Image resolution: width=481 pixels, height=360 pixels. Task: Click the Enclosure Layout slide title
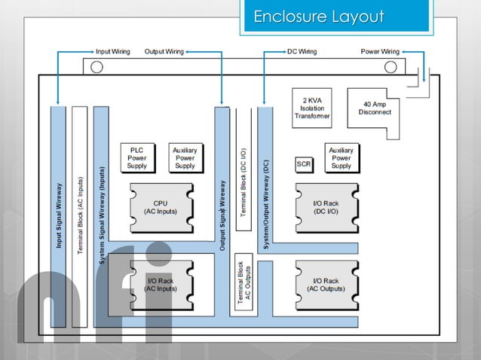(318, 17)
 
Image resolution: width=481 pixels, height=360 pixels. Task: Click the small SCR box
(304, 163)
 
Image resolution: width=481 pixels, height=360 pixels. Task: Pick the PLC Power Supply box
(137, 157)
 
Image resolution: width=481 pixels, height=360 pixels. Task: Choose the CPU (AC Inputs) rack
(161, 207)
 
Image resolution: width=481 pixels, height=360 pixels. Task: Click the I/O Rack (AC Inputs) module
(161, 284)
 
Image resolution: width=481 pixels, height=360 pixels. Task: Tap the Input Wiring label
(112, 52)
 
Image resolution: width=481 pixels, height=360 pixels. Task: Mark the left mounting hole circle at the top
(97, 67)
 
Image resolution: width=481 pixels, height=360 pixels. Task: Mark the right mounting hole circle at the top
(391, 67)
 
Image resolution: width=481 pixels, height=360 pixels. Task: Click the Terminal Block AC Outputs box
(243, 283)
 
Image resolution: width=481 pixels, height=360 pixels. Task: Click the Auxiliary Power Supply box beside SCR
(341, 157)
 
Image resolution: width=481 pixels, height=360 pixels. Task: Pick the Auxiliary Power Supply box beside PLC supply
(185, 157)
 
